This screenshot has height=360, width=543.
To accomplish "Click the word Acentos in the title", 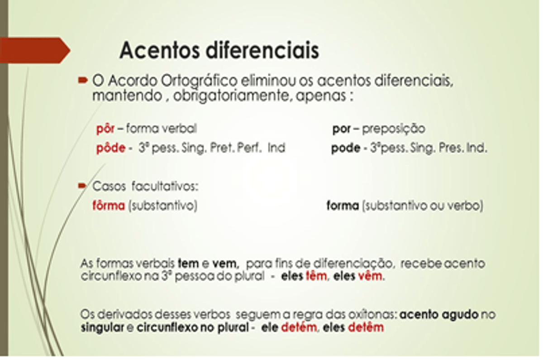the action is coord(159,50).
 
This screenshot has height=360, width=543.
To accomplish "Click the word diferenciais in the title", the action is coord(262,50).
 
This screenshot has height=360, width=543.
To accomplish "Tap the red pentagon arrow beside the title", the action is coord(35,50).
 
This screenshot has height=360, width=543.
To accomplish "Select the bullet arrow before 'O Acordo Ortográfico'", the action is coord(83,80).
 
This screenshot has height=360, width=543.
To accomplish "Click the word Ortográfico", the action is coord(199,81).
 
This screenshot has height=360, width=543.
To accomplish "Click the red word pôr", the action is coord(105,129).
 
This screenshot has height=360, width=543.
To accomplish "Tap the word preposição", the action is coord(394,129).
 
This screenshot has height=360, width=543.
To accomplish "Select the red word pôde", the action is coord(111,148).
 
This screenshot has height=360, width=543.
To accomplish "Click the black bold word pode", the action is coord(346,148).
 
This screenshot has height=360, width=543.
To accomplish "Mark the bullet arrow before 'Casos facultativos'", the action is coord(82,186).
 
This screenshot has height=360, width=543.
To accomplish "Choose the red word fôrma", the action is coord(109,206).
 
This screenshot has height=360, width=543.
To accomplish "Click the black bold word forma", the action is coord(343,206).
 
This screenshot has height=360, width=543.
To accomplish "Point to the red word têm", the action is coord(316,276).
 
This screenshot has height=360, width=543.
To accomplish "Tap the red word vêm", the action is coord(370,276).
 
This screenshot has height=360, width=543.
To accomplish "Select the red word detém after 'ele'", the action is coord(299,328).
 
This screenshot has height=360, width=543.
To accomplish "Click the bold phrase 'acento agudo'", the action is coord(439,315).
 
